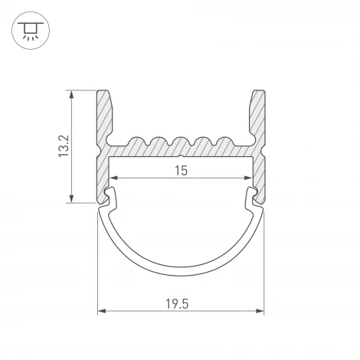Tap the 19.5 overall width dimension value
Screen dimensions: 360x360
(x=181, y=304)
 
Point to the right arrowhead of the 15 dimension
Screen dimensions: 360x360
(x=246, y=180)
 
